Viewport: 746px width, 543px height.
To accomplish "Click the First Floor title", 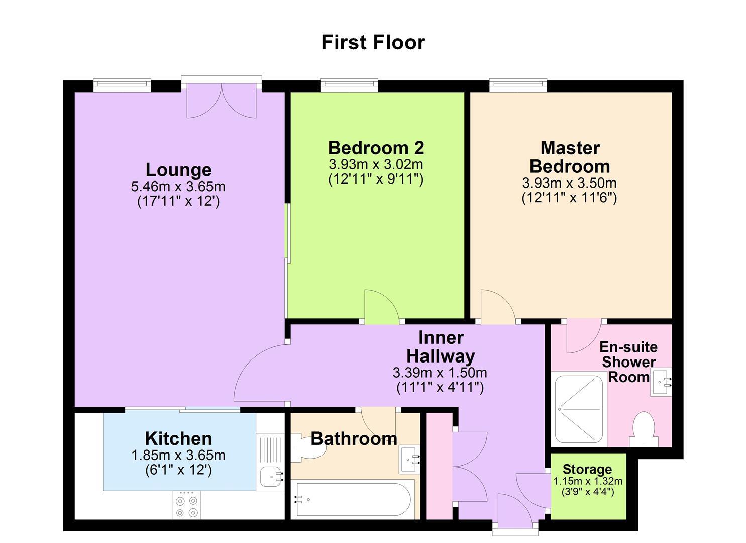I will pos(373,42).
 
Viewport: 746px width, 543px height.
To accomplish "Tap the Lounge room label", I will pos(178,170).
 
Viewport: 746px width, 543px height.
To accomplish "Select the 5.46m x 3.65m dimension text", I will pos(178,187).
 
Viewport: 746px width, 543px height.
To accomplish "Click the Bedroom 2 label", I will pos(376,148).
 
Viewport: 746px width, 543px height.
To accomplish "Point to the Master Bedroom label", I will pos(570,157).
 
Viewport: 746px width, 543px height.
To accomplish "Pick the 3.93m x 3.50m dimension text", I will pos(569,183).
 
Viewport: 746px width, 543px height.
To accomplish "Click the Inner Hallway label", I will pos(440,347).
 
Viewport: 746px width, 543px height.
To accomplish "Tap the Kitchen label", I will pos(178,438).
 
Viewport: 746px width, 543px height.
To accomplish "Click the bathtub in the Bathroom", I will pos(354,500).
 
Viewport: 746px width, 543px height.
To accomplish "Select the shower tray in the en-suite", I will pos(579,409).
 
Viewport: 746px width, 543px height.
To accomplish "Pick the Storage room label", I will pos(587,470).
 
